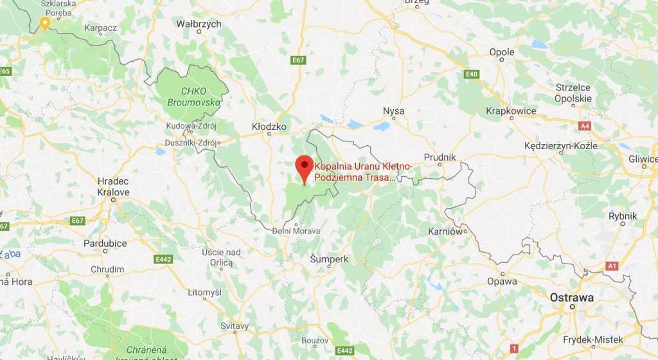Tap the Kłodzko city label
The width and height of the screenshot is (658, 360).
click(x=270, y=127)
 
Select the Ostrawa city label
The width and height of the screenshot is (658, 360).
click(x=571, y=298)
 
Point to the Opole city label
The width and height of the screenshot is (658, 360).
click(x=502, y=53)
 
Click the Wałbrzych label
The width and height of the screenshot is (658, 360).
click(x=199, y=24)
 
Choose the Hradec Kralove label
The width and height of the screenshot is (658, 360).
click(x=113, y=186)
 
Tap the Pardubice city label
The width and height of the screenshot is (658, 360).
click(x=105, y=244)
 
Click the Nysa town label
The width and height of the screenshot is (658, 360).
click(x=393, y=111)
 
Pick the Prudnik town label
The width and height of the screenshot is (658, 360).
click(x=440, y=157)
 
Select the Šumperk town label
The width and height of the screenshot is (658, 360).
click(x=329, y=259)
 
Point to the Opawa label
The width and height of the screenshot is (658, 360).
click(x=502, y=281)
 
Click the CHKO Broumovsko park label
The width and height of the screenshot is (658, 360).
click(x=193, y=97)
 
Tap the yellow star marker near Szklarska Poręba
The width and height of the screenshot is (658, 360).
click(x=44, y=24)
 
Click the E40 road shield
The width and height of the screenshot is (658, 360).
click(x=472, y=75)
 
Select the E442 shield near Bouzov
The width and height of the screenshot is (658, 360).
click(x=344, y=350)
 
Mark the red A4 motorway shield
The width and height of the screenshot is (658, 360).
click(x=585, y=126)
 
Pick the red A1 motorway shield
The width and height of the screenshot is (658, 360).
click(x=612, y=265)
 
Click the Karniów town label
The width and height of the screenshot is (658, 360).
click(x=445, y=231)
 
